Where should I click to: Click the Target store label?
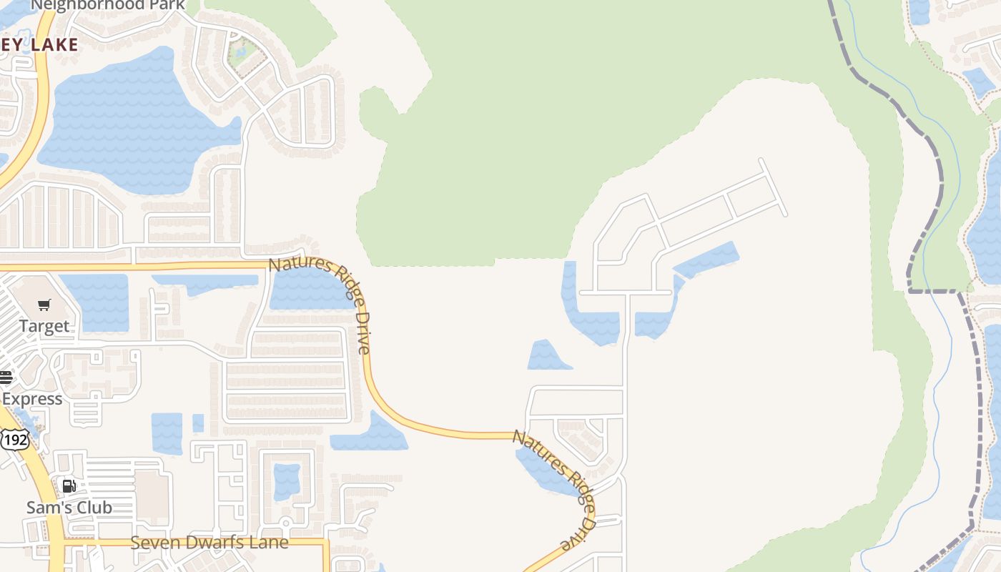44,326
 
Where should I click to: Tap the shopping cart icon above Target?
44,305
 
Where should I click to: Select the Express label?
31,398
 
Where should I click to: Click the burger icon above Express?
6,378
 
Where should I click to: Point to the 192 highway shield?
14,439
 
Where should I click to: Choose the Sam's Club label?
69,507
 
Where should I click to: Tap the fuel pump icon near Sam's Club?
69,487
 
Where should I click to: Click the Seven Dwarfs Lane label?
209,542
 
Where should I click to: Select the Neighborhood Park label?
108,6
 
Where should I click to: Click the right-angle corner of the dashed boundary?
909,290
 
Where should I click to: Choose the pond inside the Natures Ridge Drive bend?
311,286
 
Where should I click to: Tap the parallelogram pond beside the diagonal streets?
706,260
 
